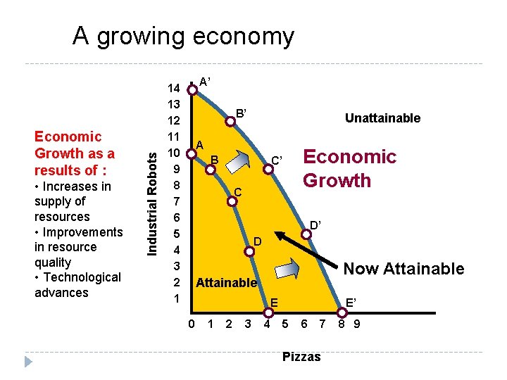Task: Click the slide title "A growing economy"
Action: pyautogui.click(x=183, y=36)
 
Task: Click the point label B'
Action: pyautogui.click(x=241, y=113)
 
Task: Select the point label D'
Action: pyautogui.click(x=316, y=224)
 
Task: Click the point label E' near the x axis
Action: pyautogui.click(x=351, y=303)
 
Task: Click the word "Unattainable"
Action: pyautogui.click(x=382, y=118)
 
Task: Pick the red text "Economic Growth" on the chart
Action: pyautogui.click(x=349, y=168)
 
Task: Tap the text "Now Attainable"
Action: pyautogui.click(x=403, y=268)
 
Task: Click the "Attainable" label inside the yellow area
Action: pyautogui.click(x=226, y=283)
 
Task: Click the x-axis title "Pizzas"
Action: pyautogui.click(x=301, y=357)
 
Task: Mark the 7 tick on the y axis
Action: pyautogui.click(x=177, y=202)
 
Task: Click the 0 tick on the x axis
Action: pyautogui.click(x=192, y=324)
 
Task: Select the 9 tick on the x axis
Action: pyautogui.click(x=357, y=324)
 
